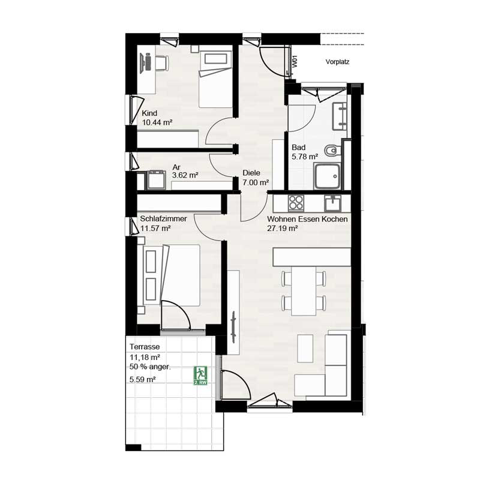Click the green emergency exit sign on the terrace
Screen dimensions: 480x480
[200, 376]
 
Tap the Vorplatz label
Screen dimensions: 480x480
[337, 62]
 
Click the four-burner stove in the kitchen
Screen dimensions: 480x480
[296, 203]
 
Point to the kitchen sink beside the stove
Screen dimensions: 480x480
[333, 203]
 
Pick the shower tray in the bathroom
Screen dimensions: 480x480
[327, 176]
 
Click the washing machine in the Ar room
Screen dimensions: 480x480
[157, 180]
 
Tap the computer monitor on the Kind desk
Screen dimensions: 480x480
[143, 63]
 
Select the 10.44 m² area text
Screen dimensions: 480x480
[157, 122]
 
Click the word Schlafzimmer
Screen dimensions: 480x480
[163, 218]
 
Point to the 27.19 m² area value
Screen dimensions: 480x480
[283, 229]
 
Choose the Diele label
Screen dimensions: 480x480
[251, 173]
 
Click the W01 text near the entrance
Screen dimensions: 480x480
[295, 61]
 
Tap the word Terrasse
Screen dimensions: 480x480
[145, 347]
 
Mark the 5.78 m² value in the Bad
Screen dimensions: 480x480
[305, 157]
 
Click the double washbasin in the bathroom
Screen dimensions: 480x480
[340, 116]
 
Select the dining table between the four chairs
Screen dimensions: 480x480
[304, 291]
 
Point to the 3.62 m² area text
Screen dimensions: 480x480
[185, 175]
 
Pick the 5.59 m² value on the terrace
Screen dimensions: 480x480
[143, 380]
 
